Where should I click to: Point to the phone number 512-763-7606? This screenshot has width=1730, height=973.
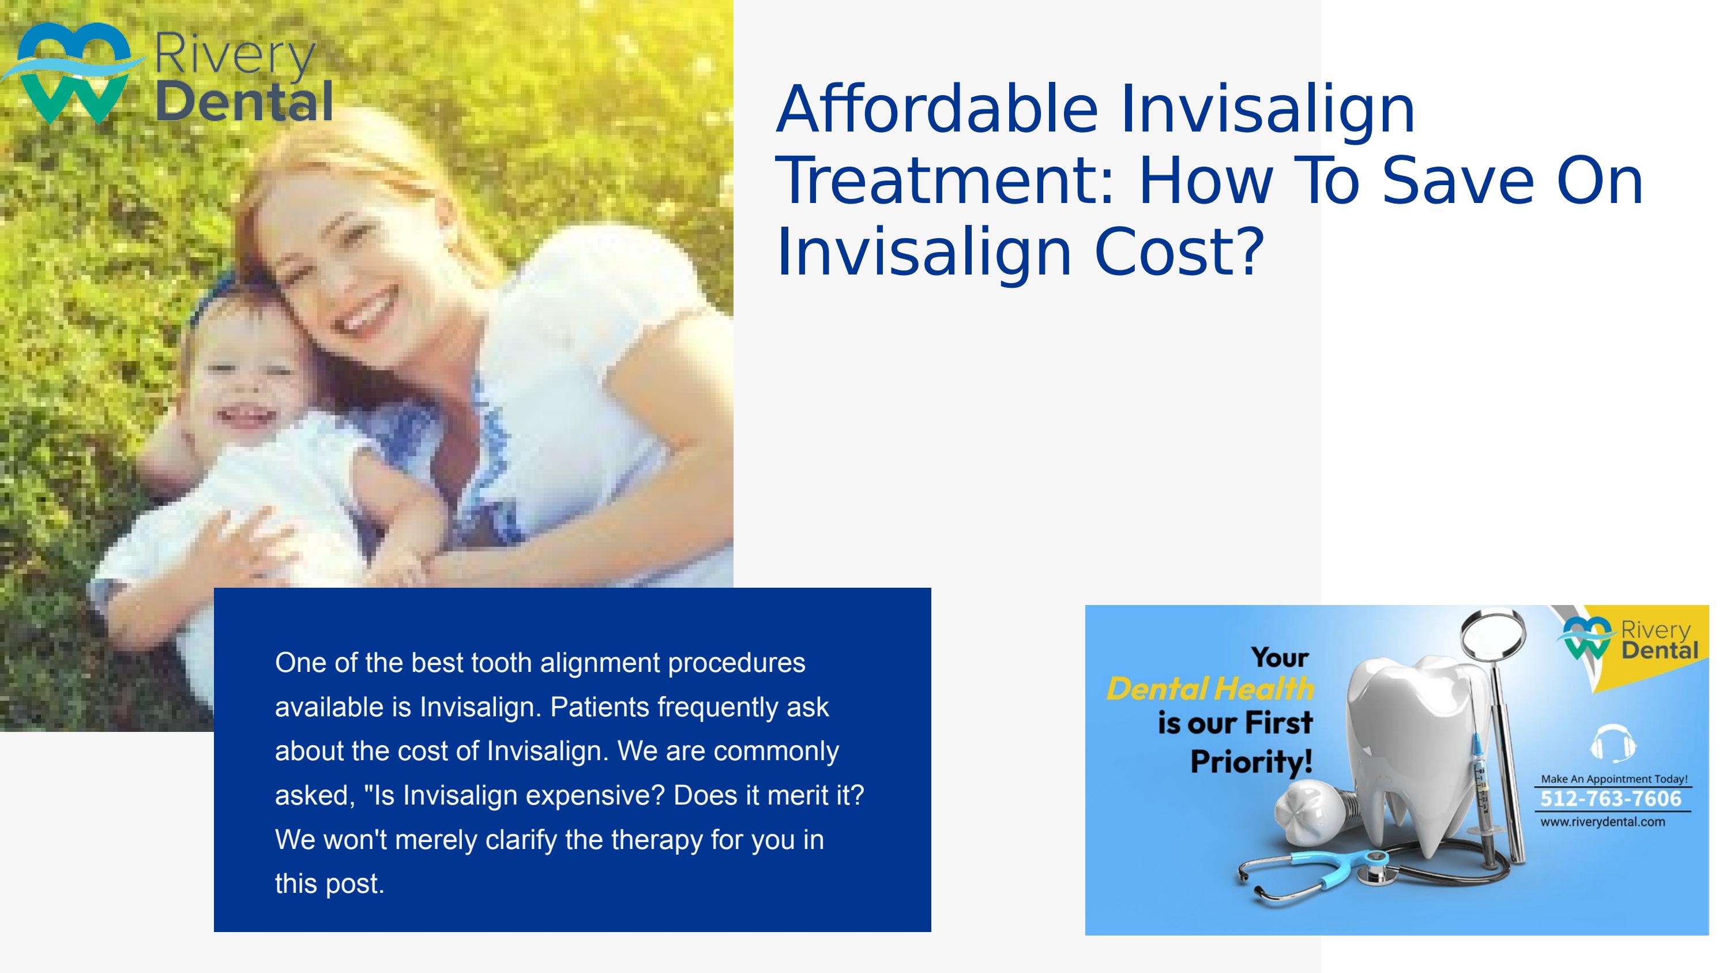(x=1611, y=798)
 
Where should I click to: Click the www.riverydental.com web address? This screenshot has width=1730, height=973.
(x=1603, y=822)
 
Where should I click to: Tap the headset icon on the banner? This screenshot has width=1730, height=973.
(x=1613, y=743)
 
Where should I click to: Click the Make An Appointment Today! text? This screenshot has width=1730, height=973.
(x=1614, y=779)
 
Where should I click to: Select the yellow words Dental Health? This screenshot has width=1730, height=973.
(x=1210, y=690)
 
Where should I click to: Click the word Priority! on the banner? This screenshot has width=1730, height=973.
(x=1251, y=762)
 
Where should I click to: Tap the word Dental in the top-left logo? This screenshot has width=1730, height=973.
(x=245, y=102)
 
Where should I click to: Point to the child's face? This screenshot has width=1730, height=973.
(x=245, y=389)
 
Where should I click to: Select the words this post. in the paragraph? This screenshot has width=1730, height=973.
(x=329, y=884)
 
